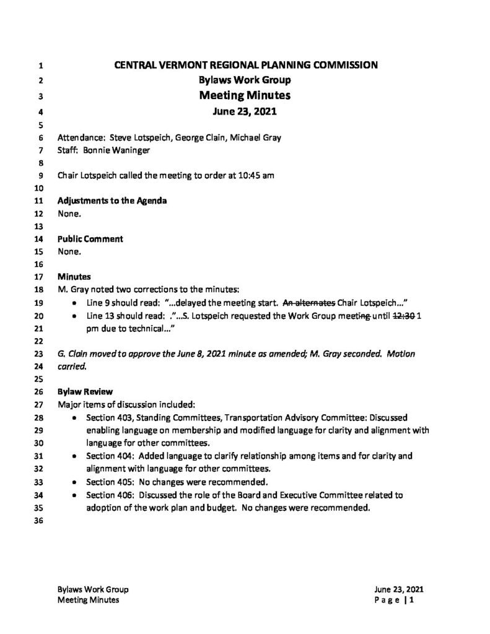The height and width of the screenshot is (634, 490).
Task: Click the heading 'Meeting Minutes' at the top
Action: click(245, 95)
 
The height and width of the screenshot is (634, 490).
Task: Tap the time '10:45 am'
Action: click(256, 175)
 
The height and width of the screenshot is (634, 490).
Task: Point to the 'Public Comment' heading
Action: click(90, 239)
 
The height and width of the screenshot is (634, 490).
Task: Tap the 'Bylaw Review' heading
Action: click(85, 392)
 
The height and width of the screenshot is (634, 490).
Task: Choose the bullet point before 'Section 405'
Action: click(75, 482)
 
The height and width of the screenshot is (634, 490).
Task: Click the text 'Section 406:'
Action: click(113, 495)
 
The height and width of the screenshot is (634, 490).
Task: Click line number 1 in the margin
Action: click(41, 64)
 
